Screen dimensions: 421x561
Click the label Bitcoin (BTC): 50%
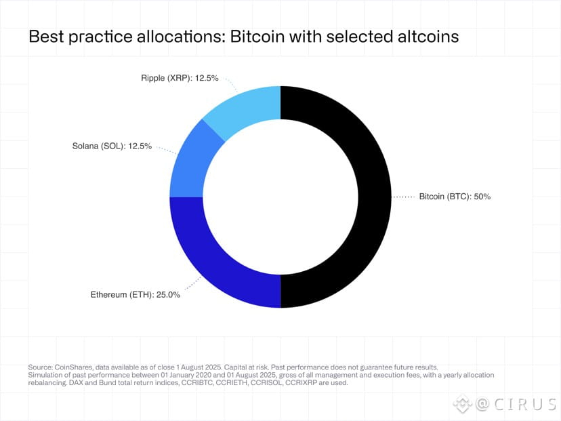pos(455,197)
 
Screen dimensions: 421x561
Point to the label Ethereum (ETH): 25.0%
pos(136,295)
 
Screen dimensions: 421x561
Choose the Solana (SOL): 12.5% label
pos(112,146)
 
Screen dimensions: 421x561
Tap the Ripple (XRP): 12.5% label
pos(180,78)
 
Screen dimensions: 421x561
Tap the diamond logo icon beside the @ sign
pos(462,404)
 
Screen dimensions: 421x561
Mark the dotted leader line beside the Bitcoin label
pos(404,197)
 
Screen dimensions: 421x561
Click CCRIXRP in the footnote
pos(314,382)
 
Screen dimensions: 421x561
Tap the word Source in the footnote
pos(40,366)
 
